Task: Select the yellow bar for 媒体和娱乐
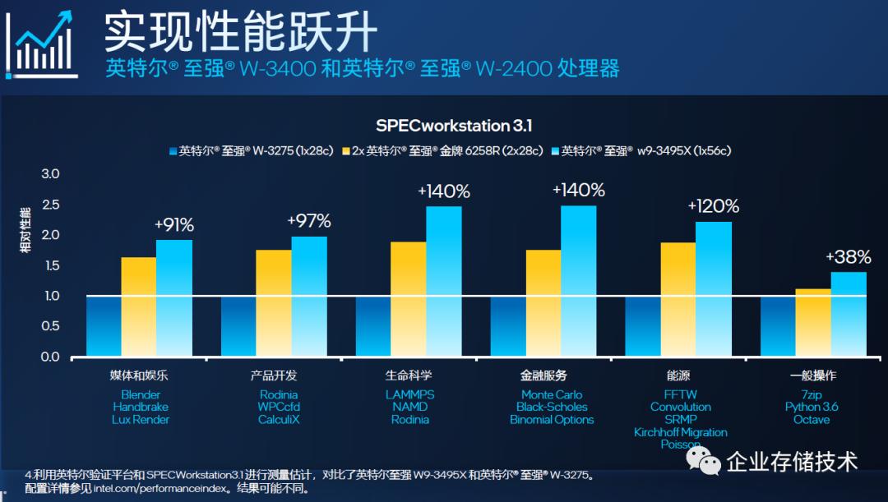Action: (x=138, y=307)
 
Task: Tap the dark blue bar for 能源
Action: (x=643, y=326)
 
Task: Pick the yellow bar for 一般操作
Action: (x=813, y=323)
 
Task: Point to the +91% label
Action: (x=174, y=224)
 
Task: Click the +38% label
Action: (x=848, y=257)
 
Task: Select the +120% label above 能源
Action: (x=713, y=206)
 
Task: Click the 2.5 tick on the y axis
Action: (x=51, y=205)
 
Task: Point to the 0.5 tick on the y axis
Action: (x=51, y=326)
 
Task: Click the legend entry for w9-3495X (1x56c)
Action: (x=645, y=151)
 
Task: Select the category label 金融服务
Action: (x=543, y=375)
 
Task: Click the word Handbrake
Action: (x=141, y=407)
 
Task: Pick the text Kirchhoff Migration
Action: (x=680, y=432)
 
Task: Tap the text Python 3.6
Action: (x=812, y=407)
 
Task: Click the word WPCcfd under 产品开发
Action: (x=279, y=407)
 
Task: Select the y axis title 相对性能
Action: (x=25, y=229)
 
